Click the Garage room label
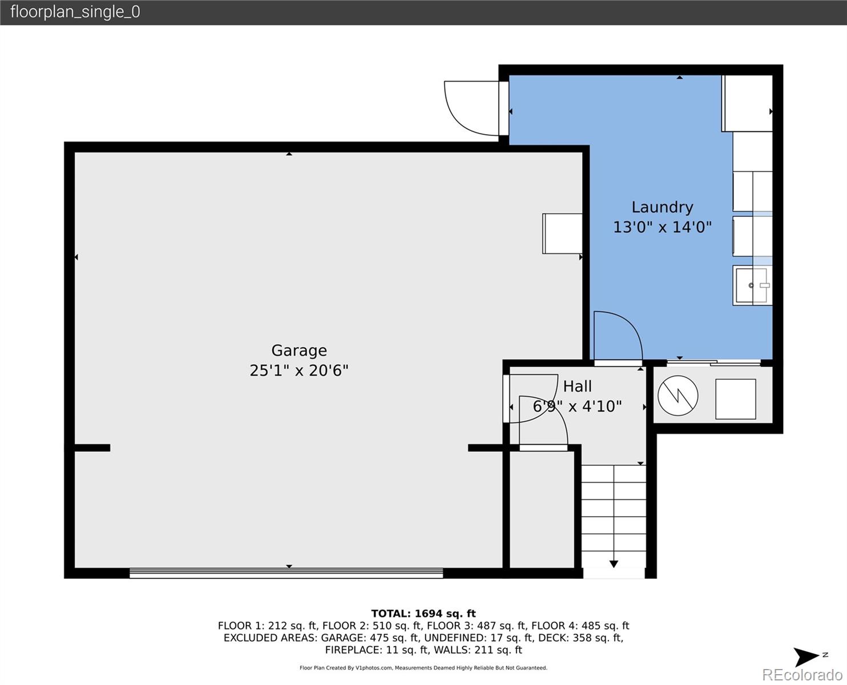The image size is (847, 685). (x=299, y=350)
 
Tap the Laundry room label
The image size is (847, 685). (x=662, y=207)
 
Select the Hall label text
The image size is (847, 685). (x=577, y=386)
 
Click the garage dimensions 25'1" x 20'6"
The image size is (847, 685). (x=299, y=370)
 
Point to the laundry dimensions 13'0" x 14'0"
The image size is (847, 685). (x=662, y=227)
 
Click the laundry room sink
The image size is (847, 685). (x=752, y=285)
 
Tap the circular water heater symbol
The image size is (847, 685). (x=677, y=395)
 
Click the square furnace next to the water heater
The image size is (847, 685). (x=736, y=399)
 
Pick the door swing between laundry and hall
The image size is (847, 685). (x=618, y=337)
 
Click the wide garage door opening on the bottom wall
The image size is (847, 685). (x=286, y=573)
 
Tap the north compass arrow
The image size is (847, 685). (x=808, y=657)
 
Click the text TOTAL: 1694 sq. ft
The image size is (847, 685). (x=423, y=614)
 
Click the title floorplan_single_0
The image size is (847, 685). (x=75, y=12)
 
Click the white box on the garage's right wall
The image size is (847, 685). (x=562, y=233)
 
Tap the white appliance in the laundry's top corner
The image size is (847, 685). (x=747, y=103)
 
